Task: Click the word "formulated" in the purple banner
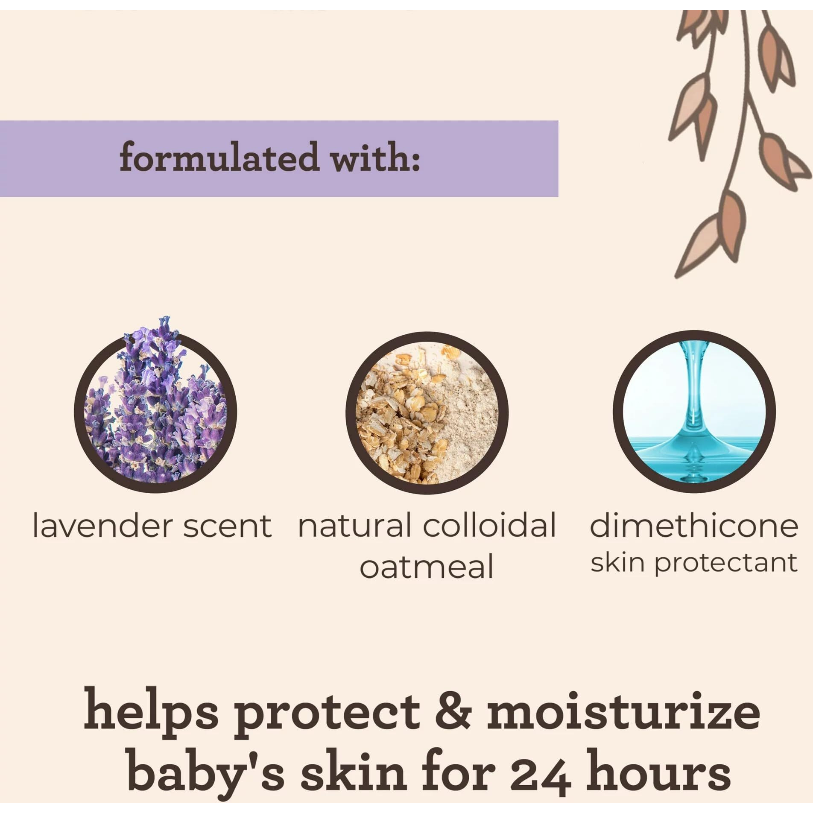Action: tap(219, 157)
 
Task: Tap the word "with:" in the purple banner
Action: tap(376, 157)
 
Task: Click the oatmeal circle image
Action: tap(427, 412)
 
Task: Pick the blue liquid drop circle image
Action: tap(694, 412)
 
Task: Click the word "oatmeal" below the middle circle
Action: tap(426, 567)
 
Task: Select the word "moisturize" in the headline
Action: tap(623, 711)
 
